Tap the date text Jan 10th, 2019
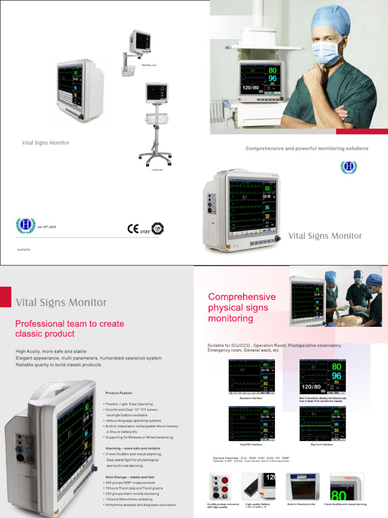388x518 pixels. click(x=46, y=227)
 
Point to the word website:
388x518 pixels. click(x=24, y=249)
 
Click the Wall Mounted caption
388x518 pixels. click(x=150, y=65)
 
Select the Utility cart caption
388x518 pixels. click(x=157, y=169)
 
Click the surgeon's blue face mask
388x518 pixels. click(x=326, y=53)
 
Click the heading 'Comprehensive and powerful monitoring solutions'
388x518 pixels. click(x=307, y=149)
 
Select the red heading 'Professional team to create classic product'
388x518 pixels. click(x=70, y=329)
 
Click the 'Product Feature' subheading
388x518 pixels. click(x=119, y=393)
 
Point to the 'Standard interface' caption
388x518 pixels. click(x=252, y=399)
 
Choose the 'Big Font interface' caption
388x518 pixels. click(x=322, y=445)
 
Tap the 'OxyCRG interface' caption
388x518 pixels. click(x=251, y=445)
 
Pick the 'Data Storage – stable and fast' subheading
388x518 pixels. click(x=130, y=477)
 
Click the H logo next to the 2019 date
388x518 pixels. click(x=25, y=226)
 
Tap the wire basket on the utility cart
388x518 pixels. click(x=157, y=119)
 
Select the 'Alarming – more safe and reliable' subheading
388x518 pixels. click(x=133, y=449)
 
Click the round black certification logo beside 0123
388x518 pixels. click(x=158, y=229)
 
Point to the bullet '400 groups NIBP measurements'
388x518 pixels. click(x=130, y=483)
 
